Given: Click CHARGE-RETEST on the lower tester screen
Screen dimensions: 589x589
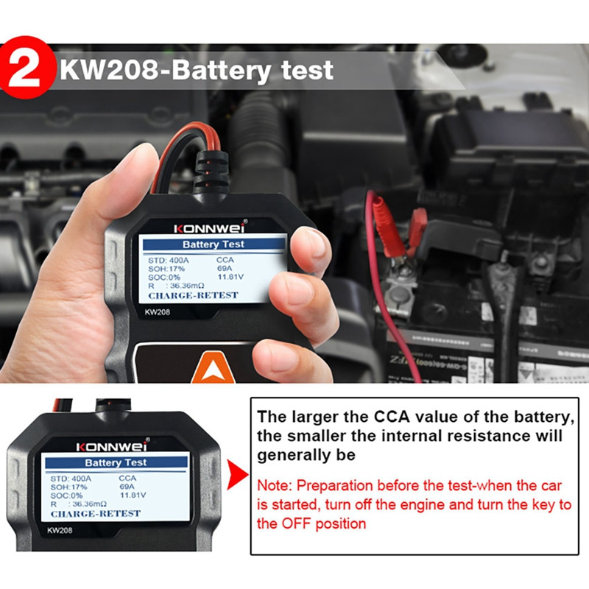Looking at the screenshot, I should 96,513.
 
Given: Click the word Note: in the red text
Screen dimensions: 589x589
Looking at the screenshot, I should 275,487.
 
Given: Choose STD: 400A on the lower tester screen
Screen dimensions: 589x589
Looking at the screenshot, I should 71,478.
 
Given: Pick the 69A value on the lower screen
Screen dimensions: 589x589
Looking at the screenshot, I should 127,487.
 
